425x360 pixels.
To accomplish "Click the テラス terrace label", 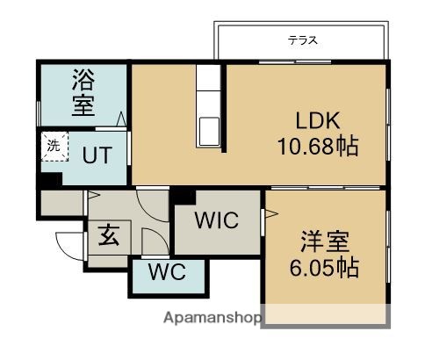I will [302, 40].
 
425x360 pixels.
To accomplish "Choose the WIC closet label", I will [216, 220].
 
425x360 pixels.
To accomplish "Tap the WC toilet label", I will [166, 271].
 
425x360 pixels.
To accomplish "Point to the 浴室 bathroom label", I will [83, 94].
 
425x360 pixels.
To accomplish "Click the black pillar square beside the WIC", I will [181, 196].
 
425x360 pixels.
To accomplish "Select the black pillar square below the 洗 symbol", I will [50, 177].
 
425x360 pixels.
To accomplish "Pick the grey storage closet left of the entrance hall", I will [60, 204].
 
